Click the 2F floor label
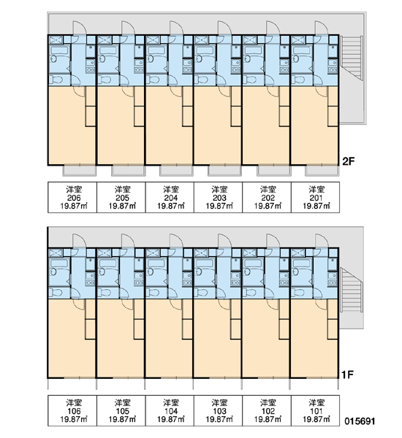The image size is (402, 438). pos(349,161)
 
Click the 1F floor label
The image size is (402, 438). pos(347,374)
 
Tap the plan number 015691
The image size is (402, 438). pos(360,420)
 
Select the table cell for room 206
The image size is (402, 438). pos(72,197)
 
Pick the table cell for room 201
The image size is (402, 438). pos(316,197)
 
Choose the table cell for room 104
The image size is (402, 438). pos(170,410)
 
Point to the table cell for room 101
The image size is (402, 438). pos(316,410)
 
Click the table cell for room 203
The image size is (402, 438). pos(219,197)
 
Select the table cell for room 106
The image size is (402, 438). pos(72,410)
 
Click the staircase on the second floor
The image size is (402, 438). pos(352,57)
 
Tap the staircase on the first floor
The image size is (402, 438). pos(352,289)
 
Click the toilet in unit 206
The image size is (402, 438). pos(56,80)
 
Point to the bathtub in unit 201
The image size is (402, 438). pos(301,50)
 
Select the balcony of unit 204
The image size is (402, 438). pos(177,171)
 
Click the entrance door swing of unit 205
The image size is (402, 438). pos(128,28)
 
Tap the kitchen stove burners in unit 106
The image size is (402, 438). pos(91,283)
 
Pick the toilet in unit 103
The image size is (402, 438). pos(202,293)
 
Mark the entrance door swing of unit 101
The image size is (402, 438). pos(322,241)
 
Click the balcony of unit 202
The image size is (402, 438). pos(274,171)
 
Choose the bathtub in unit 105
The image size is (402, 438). pos(107,264)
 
